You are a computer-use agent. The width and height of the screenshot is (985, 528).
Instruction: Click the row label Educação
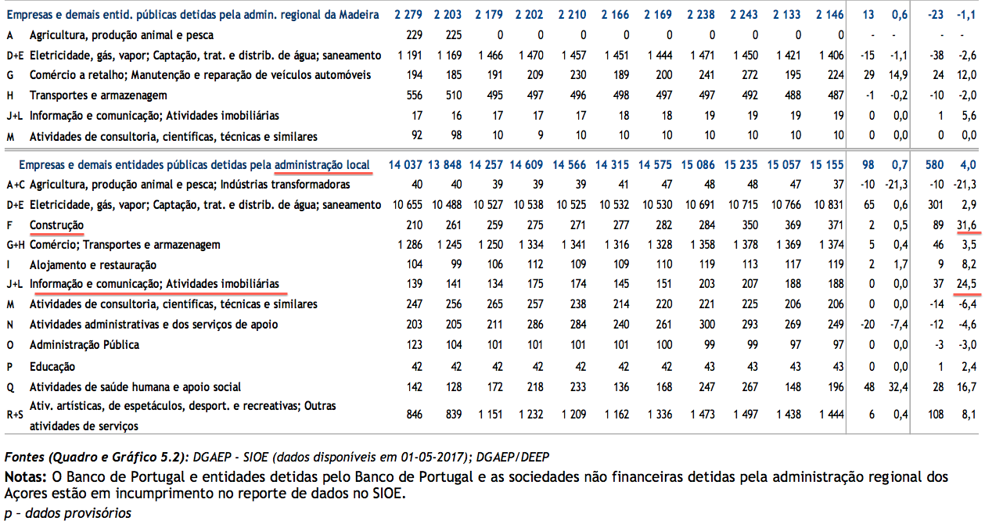pos(52,366)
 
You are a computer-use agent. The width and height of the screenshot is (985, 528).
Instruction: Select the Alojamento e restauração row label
pos(92,265)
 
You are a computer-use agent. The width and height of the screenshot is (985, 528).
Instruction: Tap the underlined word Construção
pos(56,225)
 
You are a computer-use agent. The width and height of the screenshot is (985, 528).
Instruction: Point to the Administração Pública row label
pos(84,346)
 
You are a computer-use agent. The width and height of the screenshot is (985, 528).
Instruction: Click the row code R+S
pos(15,416)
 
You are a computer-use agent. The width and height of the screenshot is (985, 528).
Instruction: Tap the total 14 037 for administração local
pos(404,165)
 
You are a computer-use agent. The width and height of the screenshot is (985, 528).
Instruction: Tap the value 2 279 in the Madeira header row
pos(408,15)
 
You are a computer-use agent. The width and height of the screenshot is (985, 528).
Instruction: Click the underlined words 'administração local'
pos(322,165)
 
